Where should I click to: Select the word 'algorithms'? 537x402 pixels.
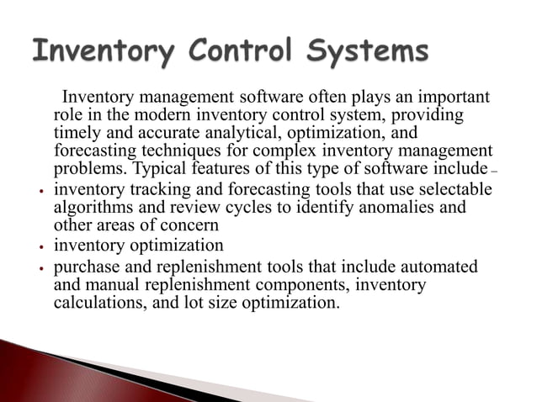pos(93,206)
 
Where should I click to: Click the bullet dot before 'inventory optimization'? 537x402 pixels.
pos(40,248)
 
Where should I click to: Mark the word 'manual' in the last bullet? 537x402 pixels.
pos(109,286)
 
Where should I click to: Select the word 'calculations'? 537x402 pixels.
pos(97,304)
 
